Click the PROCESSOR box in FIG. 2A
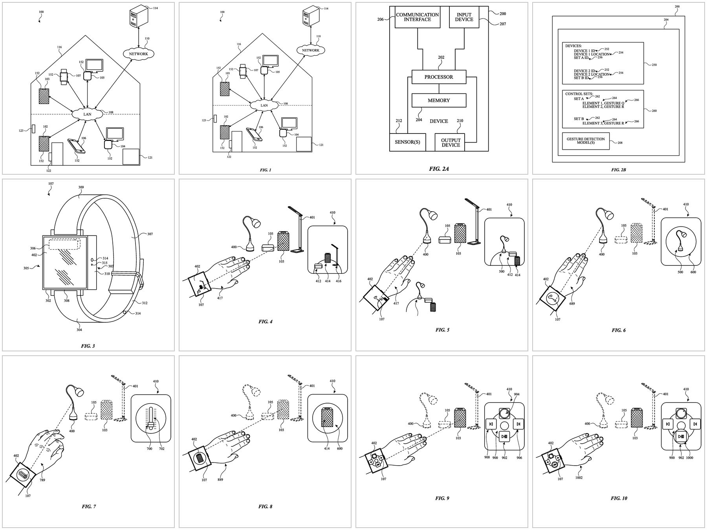[x=438, y=77]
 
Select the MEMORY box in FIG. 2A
[x=438, y=101]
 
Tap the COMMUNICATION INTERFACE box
[x=417, y=17]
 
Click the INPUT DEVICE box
[x=464, y=17]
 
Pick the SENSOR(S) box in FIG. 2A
[x=407, y=142]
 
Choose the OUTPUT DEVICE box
[x=450, y=143]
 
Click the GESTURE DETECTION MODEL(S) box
[x=585, y=141]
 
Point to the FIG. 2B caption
[x=618, y=170]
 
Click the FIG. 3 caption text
[x=88, y=346]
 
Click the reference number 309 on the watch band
[x=81, y=187]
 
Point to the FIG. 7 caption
[x=89, y=506]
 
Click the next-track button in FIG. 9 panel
[x=518, y=424]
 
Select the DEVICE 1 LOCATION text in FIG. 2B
[x=592, y=54]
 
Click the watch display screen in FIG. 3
[x=63, y=262]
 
